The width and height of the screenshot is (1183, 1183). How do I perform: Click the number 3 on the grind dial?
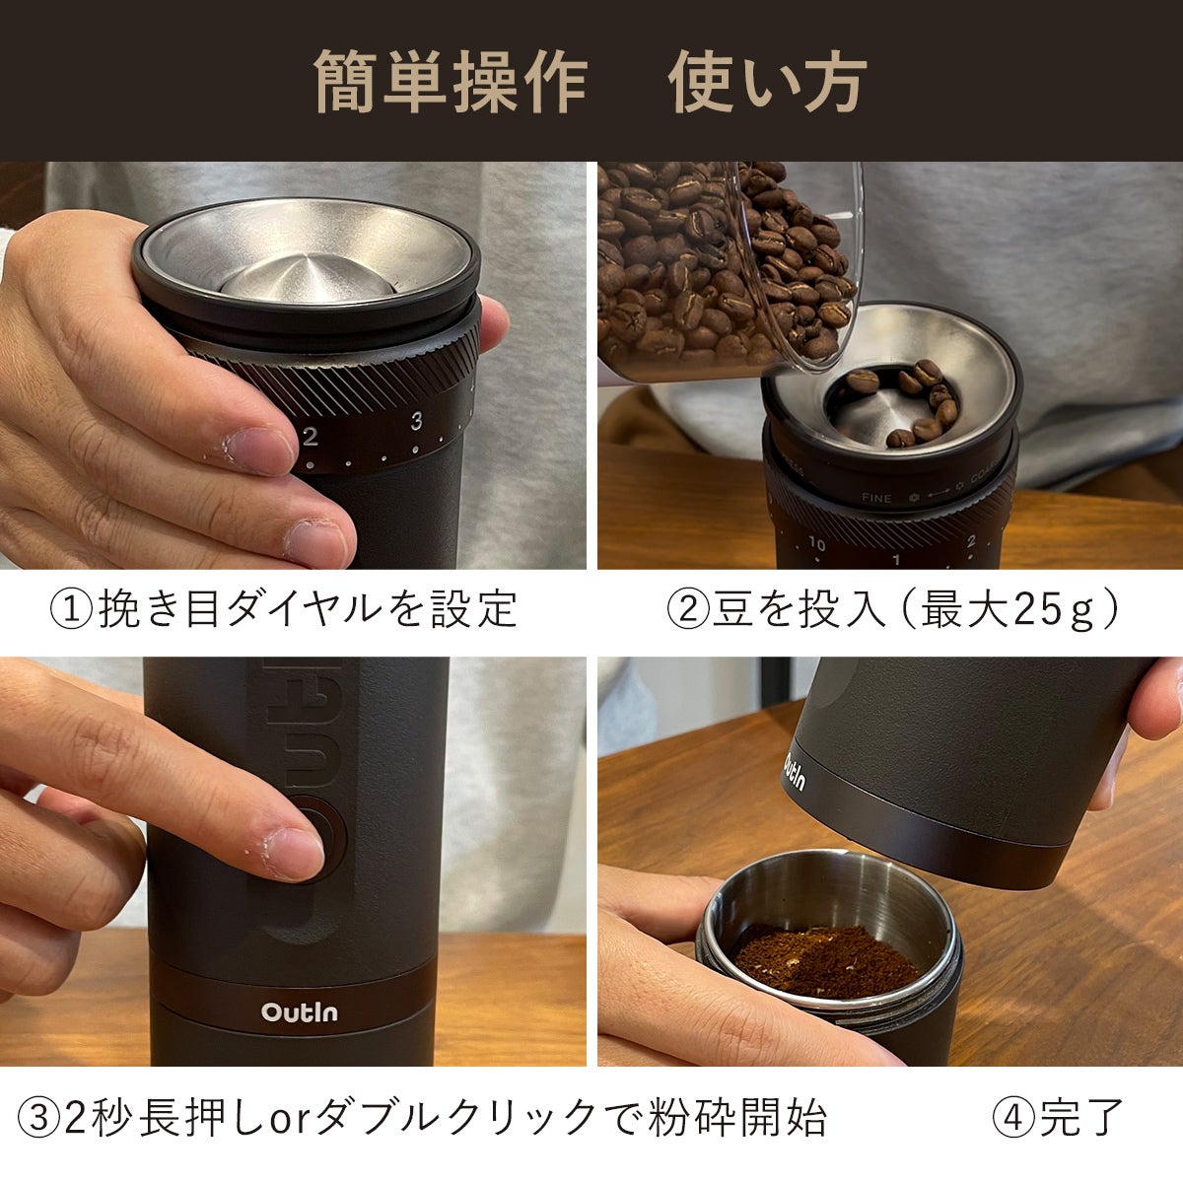point(417,421)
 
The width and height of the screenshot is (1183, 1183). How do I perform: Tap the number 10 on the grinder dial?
point(817,543)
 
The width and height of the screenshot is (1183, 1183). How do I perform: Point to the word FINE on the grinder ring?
point(876,498)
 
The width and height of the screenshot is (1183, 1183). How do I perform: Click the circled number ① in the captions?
point(71,608)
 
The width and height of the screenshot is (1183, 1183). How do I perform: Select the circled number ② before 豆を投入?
point(688,608)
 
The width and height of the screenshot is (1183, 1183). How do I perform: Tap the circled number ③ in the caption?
point(39,1118)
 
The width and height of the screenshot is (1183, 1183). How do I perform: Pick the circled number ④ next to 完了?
point(1014,1118)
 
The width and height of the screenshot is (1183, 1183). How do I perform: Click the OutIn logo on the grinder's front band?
point(299,1011)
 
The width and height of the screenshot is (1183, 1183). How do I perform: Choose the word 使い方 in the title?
point(767,82)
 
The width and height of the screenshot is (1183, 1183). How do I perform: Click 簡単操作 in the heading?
point(451,82)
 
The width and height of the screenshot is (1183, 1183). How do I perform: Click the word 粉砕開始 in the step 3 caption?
point(737,1118)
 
